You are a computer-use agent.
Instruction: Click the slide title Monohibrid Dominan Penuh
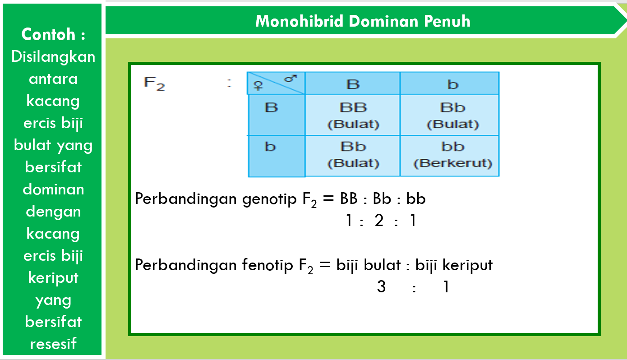363,21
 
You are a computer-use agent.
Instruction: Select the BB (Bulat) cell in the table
353,115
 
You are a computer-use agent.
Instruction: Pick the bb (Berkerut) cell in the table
452,154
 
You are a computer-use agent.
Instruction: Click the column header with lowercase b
452,84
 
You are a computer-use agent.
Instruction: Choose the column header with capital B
353,84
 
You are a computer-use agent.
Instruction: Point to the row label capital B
271,108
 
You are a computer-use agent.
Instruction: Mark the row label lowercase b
270,147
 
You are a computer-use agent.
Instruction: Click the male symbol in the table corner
290,78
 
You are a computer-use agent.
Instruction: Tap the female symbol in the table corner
258,87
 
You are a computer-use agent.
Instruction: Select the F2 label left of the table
154,83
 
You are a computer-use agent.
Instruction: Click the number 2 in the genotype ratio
379,221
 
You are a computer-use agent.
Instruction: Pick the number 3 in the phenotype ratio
381,286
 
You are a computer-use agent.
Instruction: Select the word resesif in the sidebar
53,344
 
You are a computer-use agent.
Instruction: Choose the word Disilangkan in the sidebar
53,57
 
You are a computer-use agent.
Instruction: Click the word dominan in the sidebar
53,189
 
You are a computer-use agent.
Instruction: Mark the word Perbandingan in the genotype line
186,199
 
